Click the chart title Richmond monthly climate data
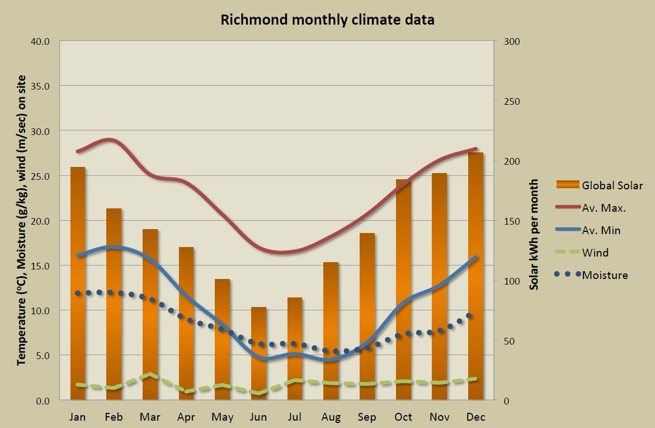[x=327, y=20]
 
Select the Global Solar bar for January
[x=78, y=283]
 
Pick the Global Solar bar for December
[x=475, y=276]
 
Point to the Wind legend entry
[x=595, y=253]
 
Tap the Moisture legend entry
[x=605, y=275]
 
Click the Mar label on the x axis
[x=150, y=417]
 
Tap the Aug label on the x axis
[x=331, y=417]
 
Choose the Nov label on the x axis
[x=440, y=417]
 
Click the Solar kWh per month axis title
[x=534, y=234]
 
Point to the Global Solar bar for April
[x=186, y=323]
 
